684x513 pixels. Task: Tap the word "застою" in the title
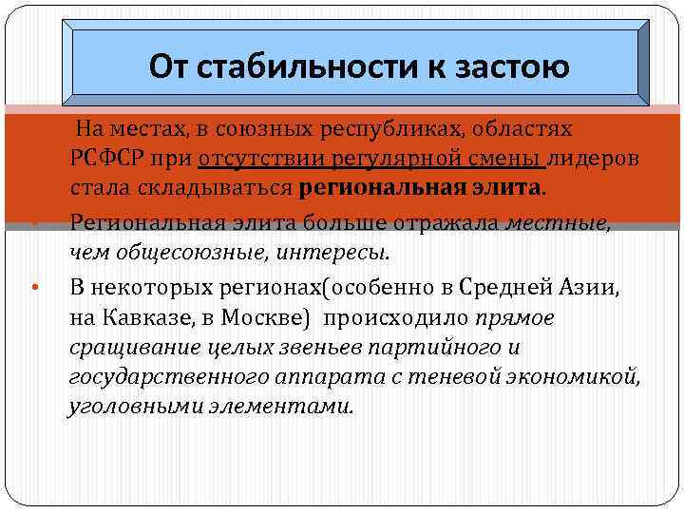click(511, 66)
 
